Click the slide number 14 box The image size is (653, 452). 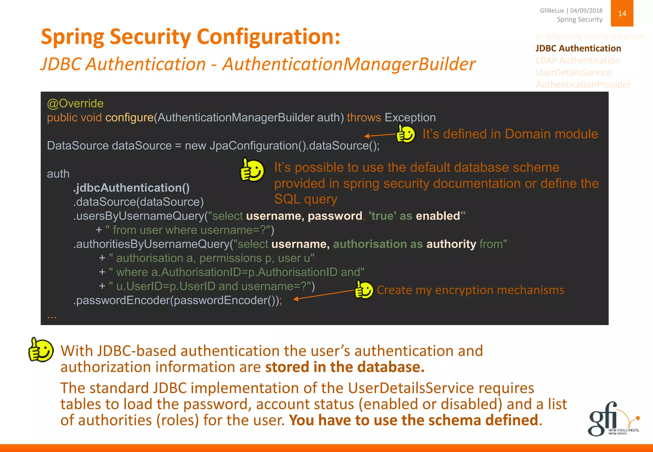[x=622, y=13]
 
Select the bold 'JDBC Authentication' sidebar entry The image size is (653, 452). [x=578, y=48]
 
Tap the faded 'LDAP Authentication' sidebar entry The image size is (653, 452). [x=578, y=61]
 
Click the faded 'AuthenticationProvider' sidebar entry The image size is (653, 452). [x=583, y=85]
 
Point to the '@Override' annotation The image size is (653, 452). [x=75, y=104]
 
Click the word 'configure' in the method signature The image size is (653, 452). [x=129, y=118]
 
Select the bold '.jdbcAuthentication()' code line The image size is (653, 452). [x=131, y=188]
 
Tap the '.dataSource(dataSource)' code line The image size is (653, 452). [x=138, y=202]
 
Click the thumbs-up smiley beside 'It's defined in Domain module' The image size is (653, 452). [x=405, y=134]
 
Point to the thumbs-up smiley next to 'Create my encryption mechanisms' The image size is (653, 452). [x=364, y=290]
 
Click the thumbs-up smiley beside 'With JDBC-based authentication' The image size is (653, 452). [x=41, y=350]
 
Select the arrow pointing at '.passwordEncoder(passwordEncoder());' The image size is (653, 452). [x=324, y=295]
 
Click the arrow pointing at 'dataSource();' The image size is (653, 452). [x=380, y=135]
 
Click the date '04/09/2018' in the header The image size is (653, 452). [x=586, y=11]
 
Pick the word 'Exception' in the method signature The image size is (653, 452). [x=410, y=118]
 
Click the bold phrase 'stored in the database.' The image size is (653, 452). [x=345, y=367]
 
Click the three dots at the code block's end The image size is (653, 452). [x=52, y=317]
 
